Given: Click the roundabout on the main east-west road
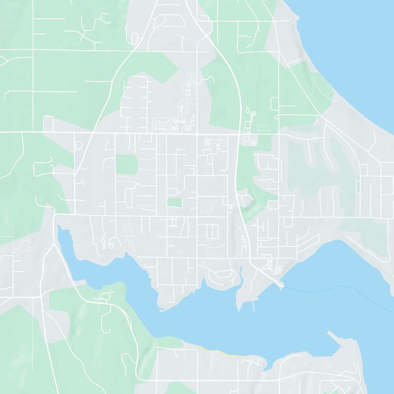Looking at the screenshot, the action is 197,133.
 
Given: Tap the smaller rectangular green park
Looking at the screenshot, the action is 174,202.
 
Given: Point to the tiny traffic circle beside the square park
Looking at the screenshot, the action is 139,169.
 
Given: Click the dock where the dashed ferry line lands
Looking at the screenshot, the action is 281,284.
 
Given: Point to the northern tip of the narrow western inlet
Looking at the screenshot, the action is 59,227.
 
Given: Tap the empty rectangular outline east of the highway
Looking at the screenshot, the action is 264,129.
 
